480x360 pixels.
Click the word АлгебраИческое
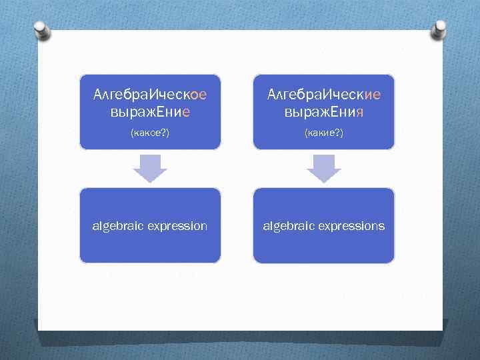(x=150, y=95)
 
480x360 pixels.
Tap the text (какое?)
(x=150, y=133)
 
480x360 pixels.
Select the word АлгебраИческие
(x=323, y=95)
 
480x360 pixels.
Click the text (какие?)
(x=323, y=133)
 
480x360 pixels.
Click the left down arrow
(x=150, y=168)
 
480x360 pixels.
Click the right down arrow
(x=323, y=168)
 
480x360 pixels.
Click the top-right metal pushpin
(x=441, y=30)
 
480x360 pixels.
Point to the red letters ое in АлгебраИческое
(x=199, y=95)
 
